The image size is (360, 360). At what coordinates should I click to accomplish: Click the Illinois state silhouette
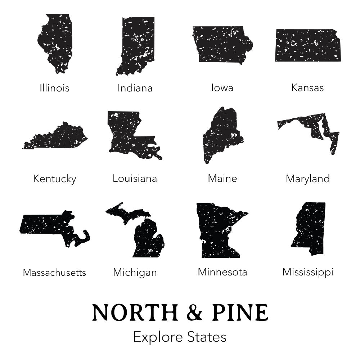click(56, 41)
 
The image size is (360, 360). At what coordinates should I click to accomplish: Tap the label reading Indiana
click(135, 88)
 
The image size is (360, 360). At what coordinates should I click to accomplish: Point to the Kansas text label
click(307, 87)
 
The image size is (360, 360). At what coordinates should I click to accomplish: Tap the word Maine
click(222, 178)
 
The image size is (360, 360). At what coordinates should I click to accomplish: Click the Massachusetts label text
click(54, 273)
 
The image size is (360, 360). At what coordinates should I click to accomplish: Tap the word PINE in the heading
click(240, 312)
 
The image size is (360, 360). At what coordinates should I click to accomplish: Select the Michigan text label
click(135, 273)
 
